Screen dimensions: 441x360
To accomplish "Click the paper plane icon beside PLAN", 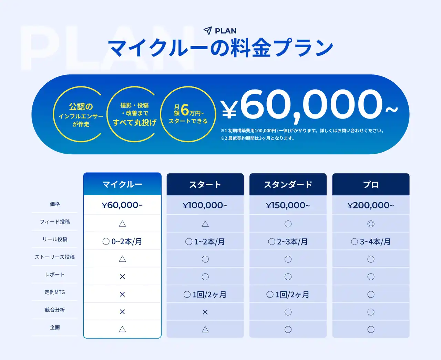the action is (208, 31).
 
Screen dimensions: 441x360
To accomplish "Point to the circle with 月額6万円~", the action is (188, 114).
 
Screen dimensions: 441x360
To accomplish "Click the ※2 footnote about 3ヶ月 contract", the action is (257, 138).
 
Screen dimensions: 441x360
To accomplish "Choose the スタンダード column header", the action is (288, 184).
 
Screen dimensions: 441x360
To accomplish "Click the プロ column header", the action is (371, 184).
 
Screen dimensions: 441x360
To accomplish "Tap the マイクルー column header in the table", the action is (122, 184).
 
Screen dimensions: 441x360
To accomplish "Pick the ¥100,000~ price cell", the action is (205, 205).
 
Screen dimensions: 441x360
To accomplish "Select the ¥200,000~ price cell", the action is (371, 205).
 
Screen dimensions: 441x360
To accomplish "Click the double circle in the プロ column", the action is (371, 224).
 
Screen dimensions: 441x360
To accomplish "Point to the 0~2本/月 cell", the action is (122, 241).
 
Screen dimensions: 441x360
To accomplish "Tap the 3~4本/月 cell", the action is (371, 241).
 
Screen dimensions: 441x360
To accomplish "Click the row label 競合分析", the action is (55, 310).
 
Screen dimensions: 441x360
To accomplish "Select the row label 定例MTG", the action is (55, 292).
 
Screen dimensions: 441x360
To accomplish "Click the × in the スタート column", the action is (205, 312).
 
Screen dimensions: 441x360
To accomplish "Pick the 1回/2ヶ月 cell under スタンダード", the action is (288, 294).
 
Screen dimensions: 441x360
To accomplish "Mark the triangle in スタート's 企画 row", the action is (205, 330).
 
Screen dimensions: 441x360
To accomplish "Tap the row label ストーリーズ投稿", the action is (55, 257).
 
